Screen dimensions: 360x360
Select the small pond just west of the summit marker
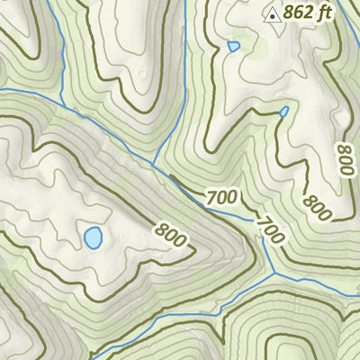click(x=234, y=46)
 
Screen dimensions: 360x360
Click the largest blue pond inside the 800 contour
click(x=93, y=238)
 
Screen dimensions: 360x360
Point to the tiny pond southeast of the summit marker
click(x=284, y=112)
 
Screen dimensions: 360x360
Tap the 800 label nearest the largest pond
click(x=170, y=235)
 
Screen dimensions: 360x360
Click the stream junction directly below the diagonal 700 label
click(x=273, y=273)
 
